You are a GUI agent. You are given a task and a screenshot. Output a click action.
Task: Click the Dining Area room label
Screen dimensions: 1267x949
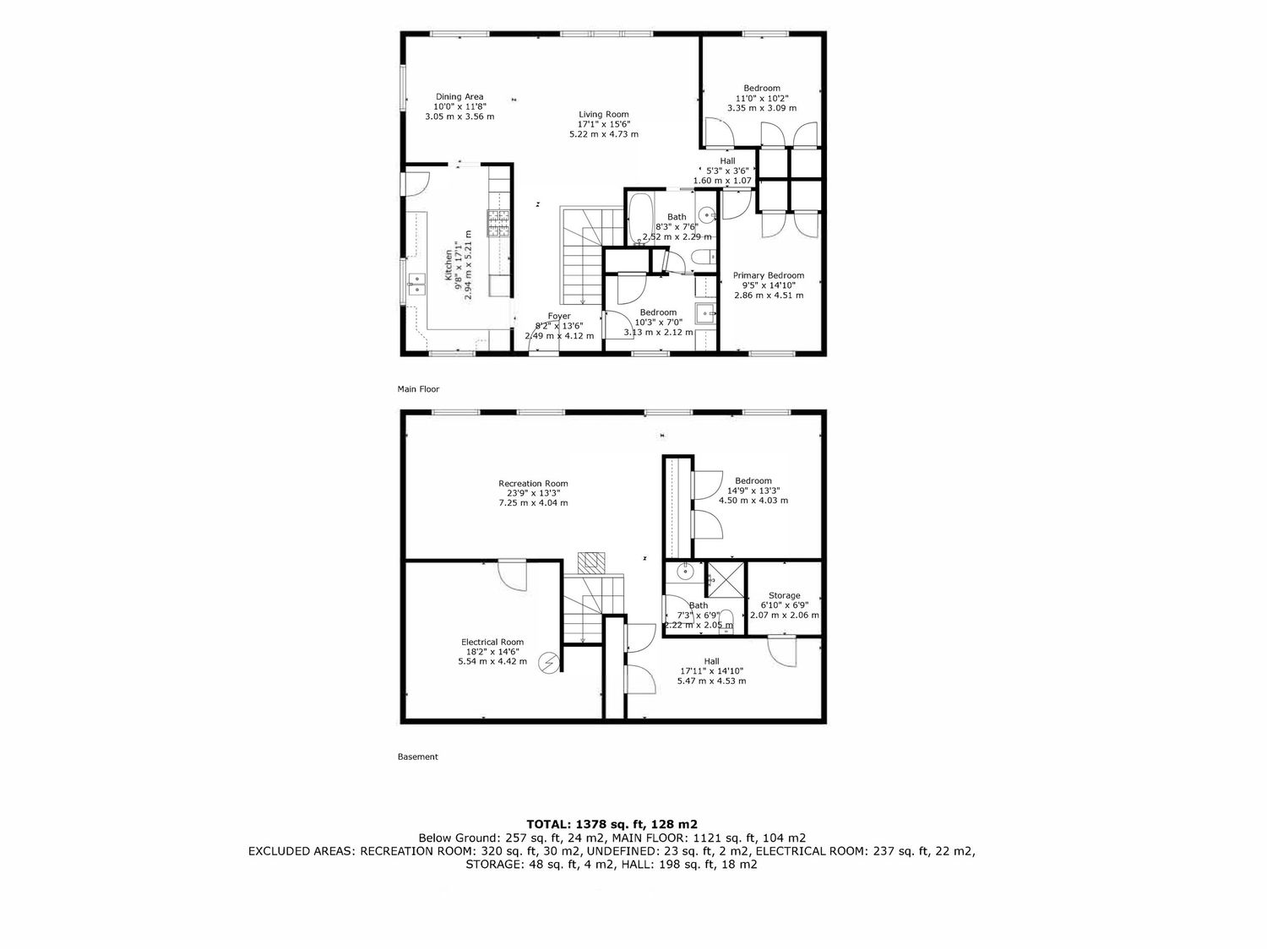click(x=459, y=97)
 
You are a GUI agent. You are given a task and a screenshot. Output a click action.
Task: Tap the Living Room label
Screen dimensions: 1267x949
click(x=604, y=114)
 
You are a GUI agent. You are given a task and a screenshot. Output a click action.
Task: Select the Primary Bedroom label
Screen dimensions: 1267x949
click(x=769, y=275)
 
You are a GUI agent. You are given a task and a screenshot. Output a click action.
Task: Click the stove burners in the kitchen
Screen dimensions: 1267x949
click(x=499, y=223)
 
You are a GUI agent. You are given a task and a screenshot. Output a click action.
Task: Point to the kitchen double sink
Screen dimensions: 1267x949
click(x=416, y=284)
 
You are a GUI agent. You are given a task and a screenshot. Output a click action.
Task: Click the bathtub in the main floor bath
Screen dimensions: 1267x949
click(x=640, y=220)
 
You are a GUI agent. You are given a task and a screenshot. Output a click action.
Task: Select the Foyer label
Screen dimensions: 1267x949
click(x=559, y=316)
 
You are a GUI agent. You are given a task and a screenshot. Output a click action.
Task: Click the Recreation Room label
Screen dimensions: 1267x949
click(x=533, y=484)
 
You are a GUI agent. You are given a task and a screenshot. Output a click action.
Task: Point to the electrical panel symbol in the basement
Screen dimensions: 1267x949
click(x=548, y=664)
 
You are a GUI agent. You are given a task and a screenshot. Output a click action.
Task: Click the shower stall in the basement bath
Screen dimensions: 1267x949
click(x=726, y=579)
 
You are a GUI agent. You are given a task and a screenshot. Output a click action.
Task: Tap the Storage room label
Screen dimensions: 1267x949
click(x=785, y=595)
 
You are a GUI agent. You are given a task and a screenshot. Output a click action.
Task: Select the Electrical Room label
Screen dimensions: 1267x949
click(x=492, y=642)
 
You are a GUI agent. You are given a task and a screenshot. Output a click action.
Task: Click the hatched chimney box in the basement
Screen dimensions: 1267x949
click(x=591, y=562)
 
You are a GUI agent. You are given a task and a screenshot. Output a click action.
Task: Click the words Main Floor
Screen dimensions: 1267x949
click(x=418, y=389)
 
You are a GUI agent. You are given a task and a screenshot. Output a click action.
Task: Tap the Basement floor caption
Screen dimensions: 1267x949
click(x=418, y=756)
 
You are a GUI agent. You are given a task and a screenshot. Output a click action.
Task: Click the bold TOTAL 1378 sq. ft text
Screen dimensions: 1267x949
click(x=612, y=824)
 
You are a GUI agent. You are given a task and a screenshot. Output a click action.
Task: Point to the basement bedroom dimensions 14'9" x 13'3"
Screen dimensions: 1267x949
click(x=753, y=491)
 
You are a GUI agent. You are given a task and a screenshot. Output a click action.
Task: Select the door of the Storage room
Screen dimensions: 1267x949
click(x=783, y=651)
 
